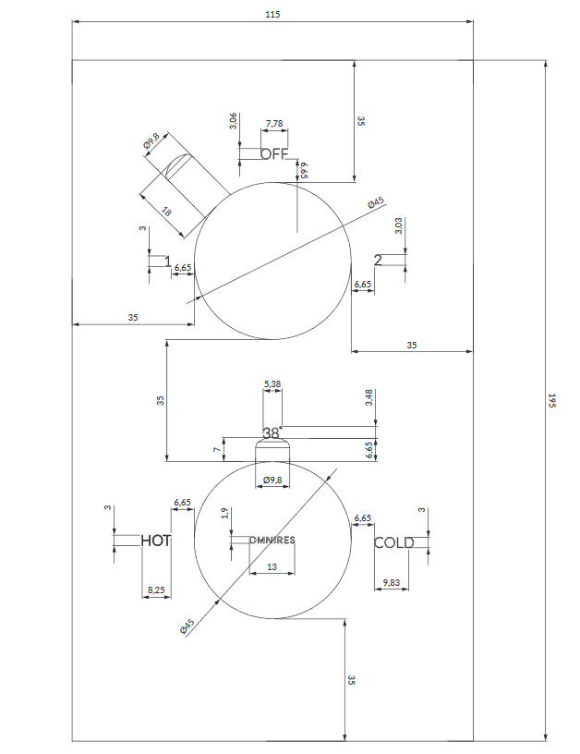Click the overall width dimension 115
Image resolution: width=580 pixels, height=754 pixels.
[x=272, y=14]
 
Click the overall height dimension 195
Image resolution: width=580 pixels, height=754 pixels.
[x=551, y=401]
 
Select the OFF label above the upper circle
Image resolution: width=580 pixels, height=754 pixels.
[x=274, y=154]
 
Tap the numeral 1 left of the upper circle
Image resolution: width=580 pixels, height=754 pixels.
[x=168, y=262]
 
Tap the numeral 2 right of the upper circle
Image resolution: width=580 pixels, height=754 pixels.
[x=378, y=260]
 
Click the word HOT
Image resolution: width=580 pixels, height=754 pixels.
[x=156, y=541]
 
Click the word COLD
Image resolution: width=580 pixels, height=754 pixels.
[x=393, y=543]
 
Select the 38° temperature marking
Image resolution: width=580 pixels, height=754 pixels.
[x=272, y=432]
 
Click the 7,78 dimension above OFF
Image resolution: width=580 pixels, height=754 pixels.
[x=274, y=124]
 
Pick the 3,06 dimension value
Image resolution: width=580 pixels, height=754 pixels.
[x=233, y=121]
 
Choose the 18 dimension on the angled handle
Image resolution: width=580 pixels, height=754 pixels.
[x=166, y=212]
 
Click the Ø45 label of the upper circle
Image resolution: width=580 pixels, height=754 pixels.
[x=375, y=203]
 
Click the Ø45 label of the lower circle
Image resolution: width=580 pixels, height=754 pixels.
[x=187, y=627]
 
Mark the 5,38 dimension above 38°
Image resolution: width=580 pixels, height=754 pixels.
[x=272, y=383]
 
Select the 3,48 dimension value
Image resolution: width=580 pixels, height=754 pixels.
[x=369, y=396]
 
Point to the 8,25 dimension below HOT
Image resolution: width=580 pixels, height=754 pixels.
[x=156, y=590]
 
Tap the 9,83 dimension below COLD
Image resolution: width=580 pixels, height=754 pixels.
[x=392, y=582]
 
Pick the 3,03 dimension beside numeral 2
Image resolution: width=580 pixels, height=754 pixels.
[x=398, y=225]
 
